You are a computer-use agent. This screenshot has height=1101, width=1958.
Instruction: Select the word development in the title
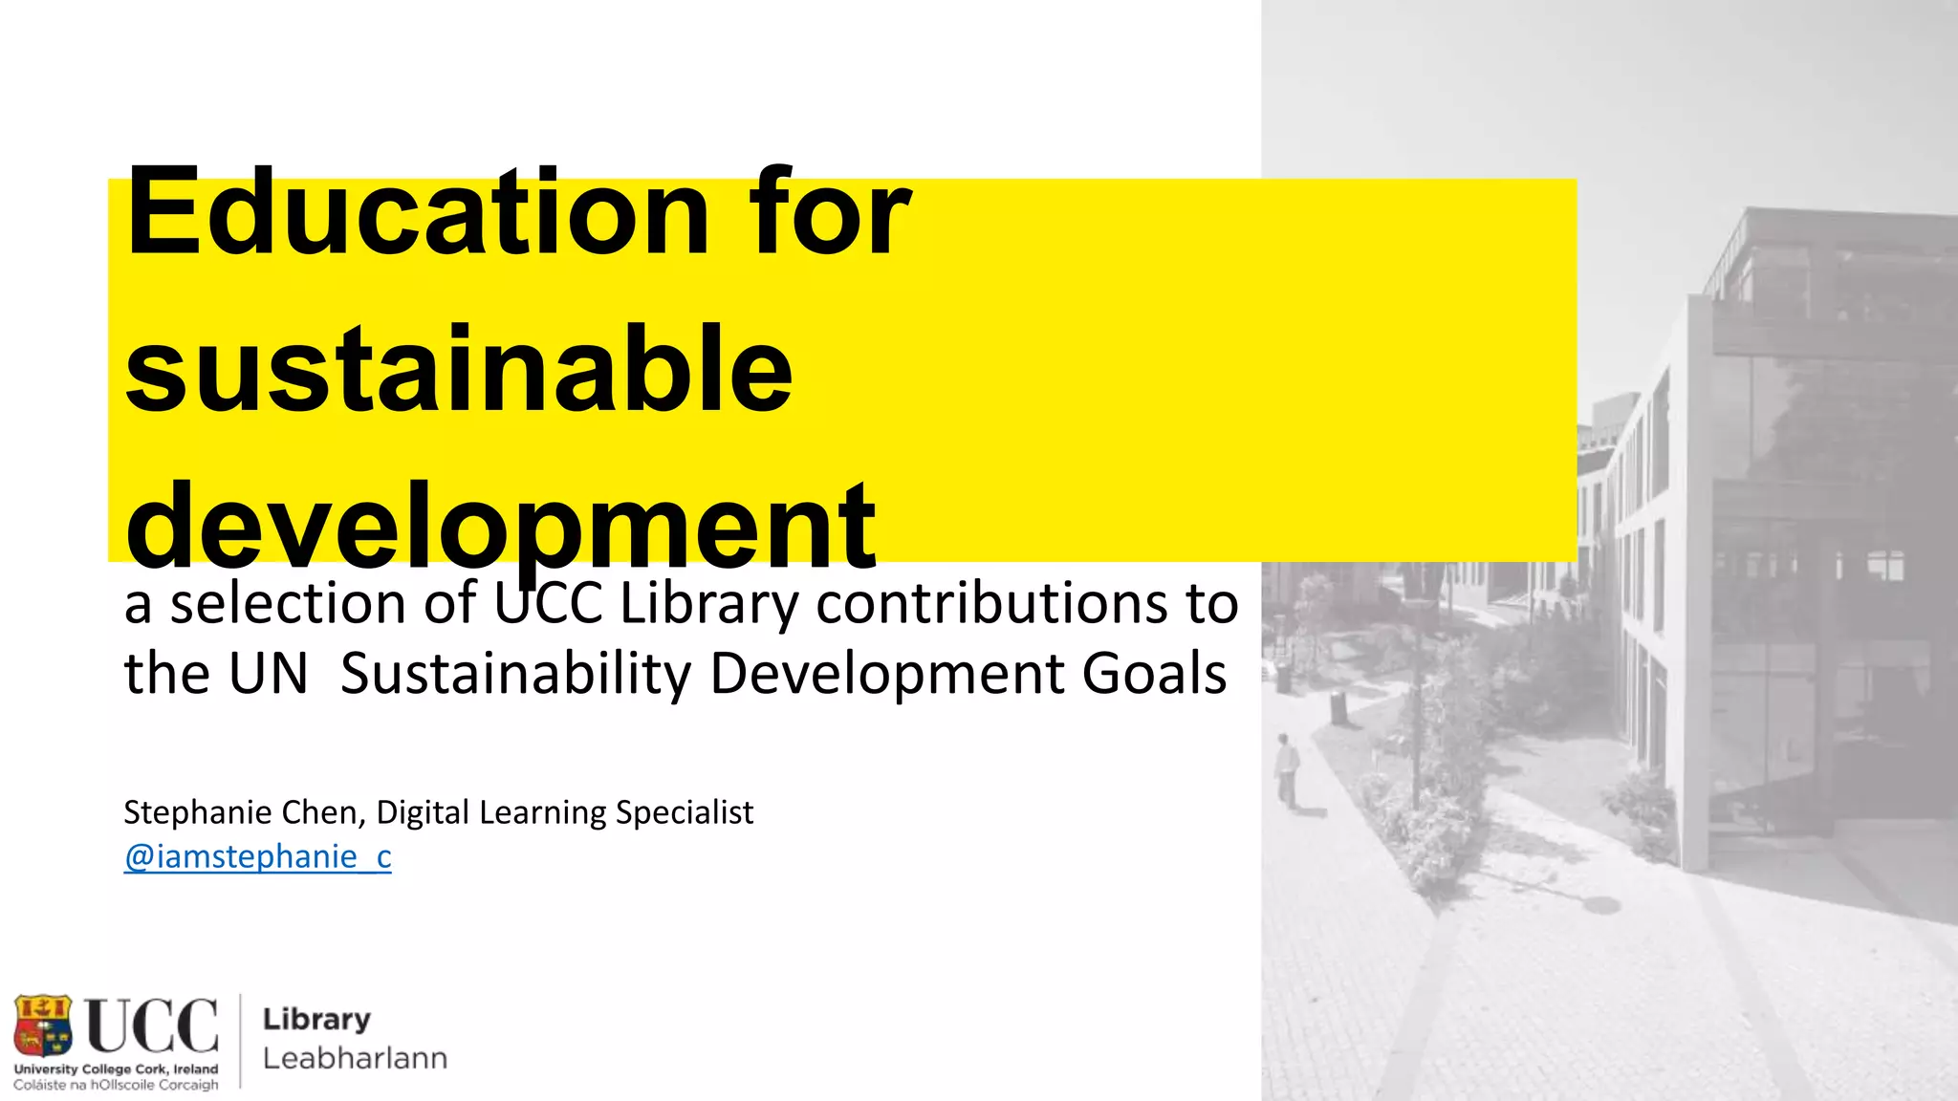(x=500, y=528)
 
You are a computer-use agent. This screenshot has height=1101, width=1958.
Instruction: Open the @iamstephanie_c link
(x=257, y=856)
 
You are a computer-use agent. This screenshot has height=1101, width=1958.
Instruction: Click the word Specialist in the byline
(x=684, y=812)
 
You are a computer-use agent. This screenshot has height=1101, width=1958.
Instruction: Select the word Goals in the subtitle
(x=1154, y=674)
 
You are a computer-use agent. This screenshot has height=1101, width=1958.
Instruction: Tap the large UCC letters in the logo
(x=152, y=1025)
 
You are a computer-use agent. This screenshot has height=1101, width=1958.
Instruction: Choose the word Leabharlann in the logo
(x=355, y=1059)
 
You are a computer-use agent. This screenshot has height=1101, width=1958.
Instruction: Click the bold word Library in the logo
(x=316, y=1020)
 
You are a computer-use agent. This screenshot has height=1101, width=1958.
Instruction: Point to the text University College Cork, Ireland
(x=116, y=1069)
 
